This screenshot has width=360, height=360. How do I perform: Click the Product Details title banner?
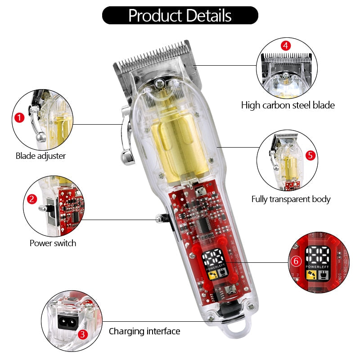(x=180, y=15)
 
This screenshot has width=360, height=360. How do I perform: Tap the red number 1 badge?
(x=19, y=118)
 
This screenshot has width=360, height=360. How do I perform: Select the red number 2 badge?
(x=31, y=198)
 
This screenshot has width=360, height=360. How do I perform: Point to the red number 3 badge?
(x=82, y=334)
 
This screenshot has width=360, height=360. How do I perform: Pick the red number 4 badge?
(x=285, y=45)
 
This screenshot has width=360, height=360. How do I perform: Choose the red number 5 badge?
(x=310, y=156)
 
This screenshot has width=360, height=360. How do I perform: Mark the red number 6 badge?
(x=295, y=261)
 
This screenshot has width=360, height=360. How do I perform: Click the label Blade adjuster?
(x=40, y=156)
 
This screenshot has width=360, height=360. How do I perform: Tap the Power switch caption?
(x=53, y=243)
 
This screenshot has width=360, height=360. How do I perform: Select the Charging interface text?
(x=144, y=331)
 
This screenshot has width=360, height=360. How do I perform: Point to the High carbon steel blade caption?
(x=288, y=105)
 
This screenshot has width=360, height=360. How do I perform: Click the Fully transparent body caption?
(x=291, y=198)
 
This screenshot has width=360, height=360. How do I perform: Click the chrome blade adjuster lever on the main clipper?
(x=126, y=135)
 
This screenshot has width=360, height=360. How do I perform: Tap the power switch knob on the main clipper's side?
(x=159, y=219)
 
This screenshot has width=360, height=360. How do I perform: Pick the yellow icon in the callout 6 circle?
(x=310, y=274)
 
